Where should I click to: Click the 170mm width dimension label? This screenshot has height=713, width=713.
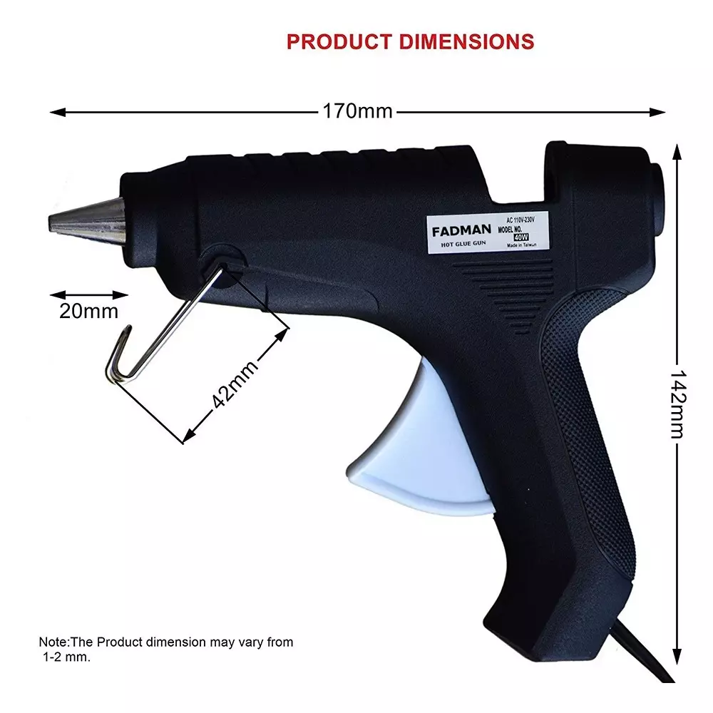pos(357,112)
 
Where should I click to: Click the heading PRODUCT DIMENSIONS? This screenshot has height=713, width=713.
pos(410,41)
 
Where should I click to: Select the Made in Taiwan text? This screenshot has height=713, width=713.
pos(521,246)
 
